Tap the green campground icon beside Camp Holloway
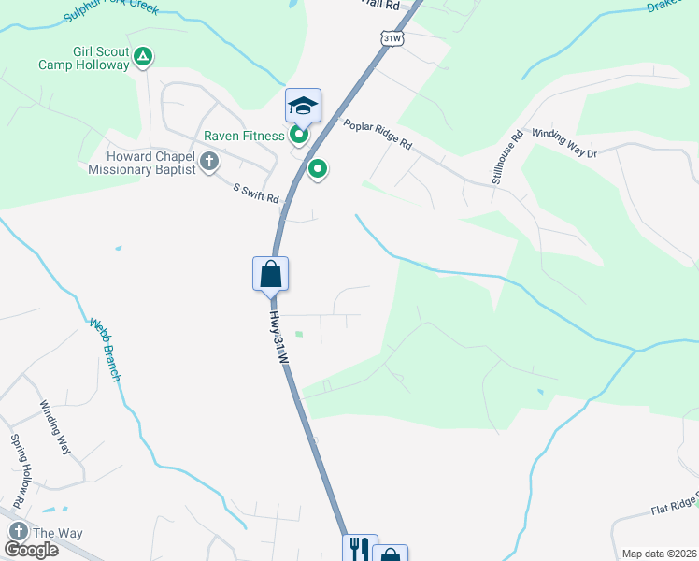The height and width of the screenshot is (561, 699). click(143, 58)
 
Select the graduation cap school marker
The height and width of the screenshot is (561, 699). click(303, 105)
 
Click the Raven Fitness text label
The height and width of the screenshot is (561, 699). click(244, 136)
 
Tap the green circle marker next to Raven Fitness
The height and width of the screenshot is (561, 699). click(299, 136)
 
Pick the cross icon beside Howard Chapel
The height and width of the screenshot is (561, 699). click(208, 163)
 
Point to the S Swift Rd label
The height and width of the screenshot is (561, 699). click(256, 193)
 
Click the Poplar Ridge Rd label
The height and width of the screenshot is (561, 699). click(378, 135)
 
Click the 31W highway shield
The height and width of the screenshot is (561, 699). click(392, 37)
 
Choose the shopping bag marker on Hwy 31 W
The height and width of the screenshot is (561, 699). click(270, 274)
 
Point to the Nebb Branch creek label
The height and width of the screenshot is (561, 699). click(106, 350)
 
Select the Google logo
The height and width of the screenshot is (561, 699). click(31, 550)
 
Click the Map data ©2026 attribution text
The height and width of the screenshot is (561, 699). click(659, 554)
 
